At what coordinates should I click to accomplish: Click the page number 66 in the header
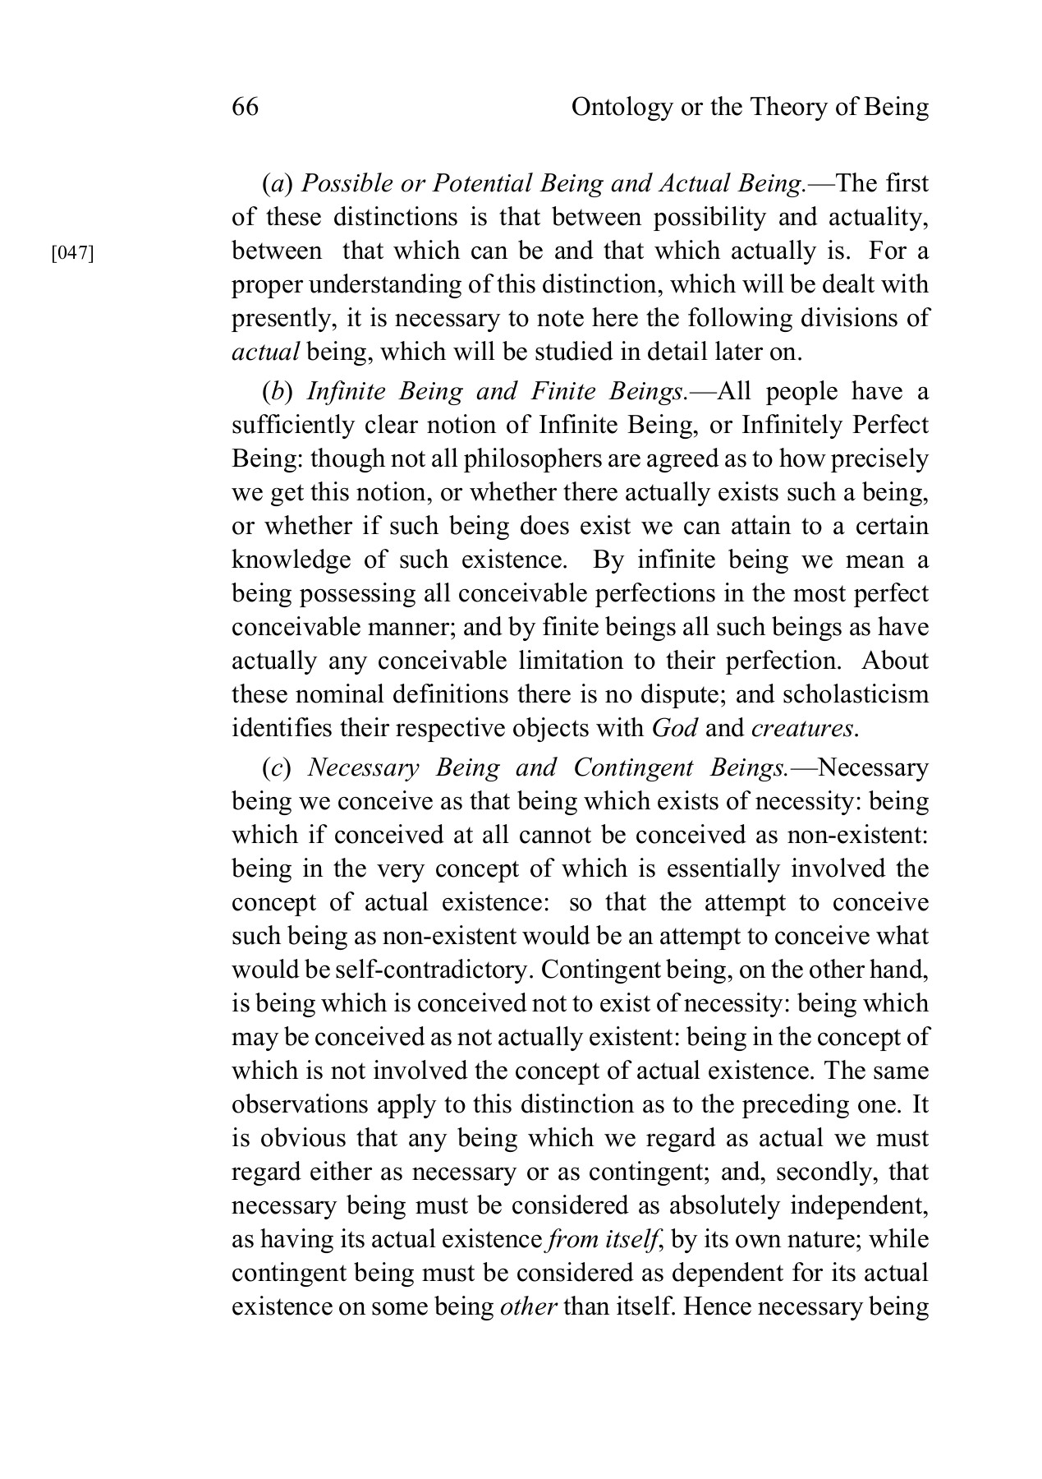(246, 107)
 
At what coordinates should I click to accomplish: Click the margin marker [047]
(73, 253)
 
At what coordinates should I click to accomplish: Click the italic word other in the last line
(529, 1306)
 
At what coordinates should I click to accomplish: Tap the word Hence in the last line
(714, 1306)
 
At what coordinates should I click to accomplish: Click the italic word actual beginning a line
(265, 352)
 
